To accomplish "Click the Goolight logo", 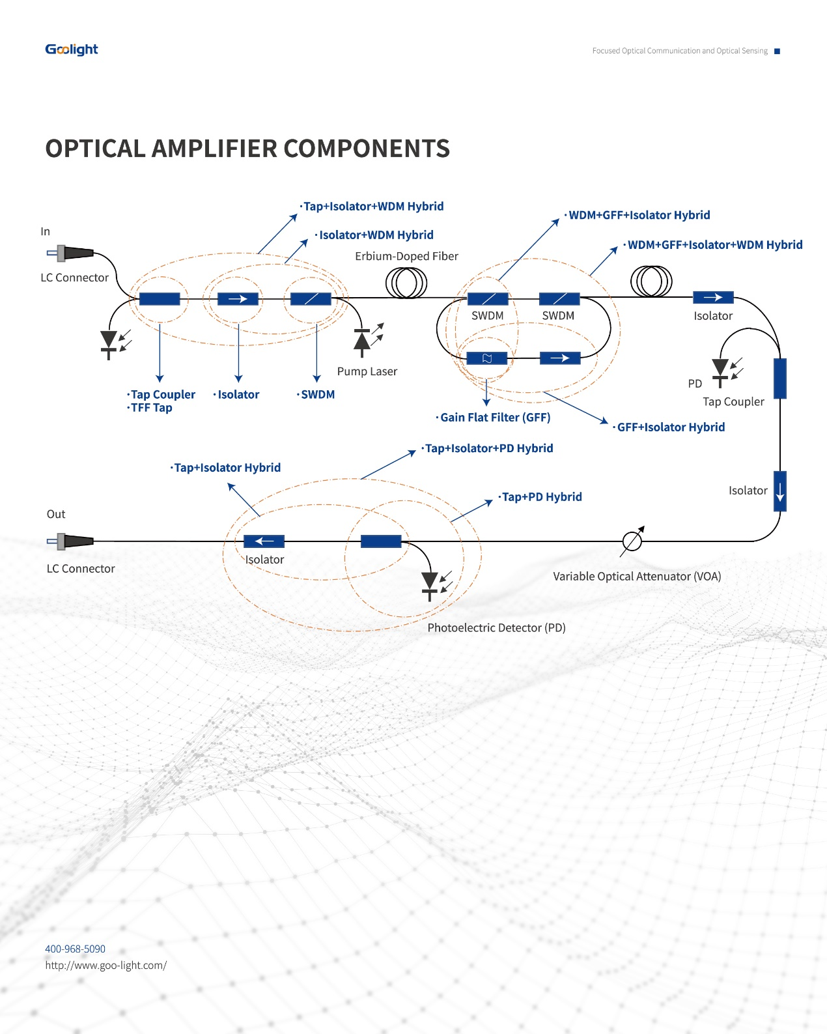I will tap(72, 50).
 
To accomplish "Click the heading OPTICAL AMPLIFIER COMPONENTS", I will tap(247, 149).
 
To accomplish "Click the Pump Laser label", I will tap(367, 371).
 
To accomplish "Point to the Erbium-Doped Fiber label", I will tap(406, 256).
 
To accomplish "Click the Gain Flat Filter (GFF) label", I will tap(495, 418).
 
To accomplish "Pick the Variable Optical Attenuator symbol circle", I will tap(632, 541).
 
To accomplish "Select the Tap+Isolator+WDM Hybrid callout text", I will tap(373, 207).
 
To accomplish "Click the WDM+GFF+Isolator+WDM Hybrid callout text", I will tap(714, 245).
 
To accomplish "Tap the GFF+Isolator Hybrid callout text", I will tap(671, 427).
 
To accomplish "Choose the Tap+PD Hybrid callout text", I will tap(542, 497).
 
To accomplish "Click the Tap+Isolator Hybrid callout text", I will tap(227, 468).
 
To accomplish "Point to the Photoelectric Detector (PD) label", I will tap(496, 627).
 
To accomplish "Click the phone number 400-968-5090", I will tap(75, 949).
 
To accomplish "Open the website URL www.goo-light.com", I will tap(105, 965).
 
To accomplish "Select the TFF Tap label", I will tap(151, 408).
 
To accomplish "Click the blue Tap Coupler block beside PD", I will tap(779, 378).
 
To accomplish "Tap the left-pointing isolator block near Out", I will tap(264, 541).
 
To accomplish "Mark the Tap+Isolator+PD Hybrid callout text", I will tap(489, 448).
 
